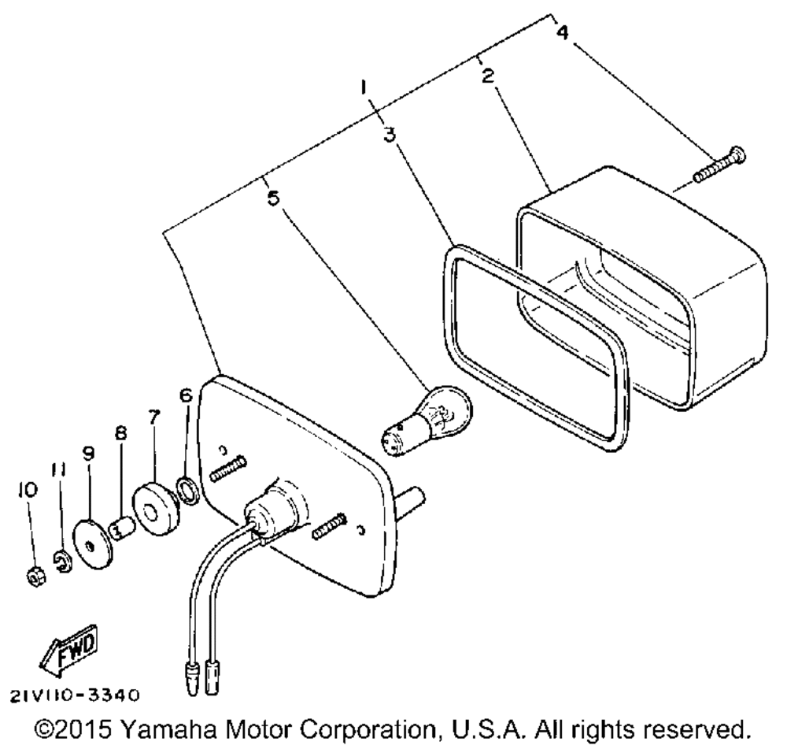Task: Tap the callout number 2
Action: tap(488, 76)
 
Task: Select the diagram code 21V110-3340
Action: tap(76, 695)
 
